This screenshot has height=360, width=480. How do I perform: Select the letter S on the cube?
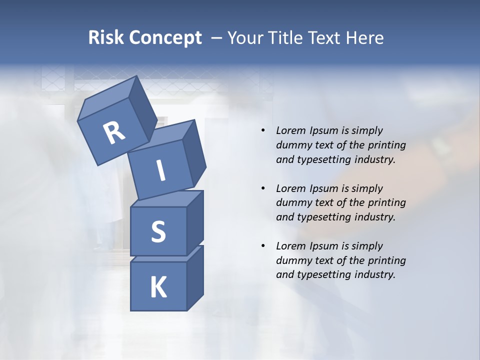point(158,231)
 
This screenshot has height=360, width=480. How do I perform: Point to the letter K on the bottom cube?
point(158,287)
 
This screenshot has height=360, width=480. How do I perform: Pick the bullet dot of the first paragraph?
point(262,130)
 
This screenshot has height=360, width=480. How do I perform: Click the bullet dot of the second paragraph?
point(262,188)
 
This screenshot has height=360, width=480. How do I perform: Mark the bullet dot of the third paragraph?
point(262,246)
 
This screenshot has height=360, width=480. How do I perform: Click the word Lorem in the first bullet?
point(290,130)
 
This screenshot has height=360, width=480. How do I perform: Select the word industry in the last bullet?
point(377,274)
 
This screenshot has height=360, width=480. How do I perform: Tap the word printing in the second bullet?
point(387,202)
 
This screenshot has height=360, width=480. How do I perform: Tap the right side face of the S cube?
point(195,222)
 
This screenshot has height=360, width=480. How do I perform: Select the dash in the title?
point(217,38)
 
